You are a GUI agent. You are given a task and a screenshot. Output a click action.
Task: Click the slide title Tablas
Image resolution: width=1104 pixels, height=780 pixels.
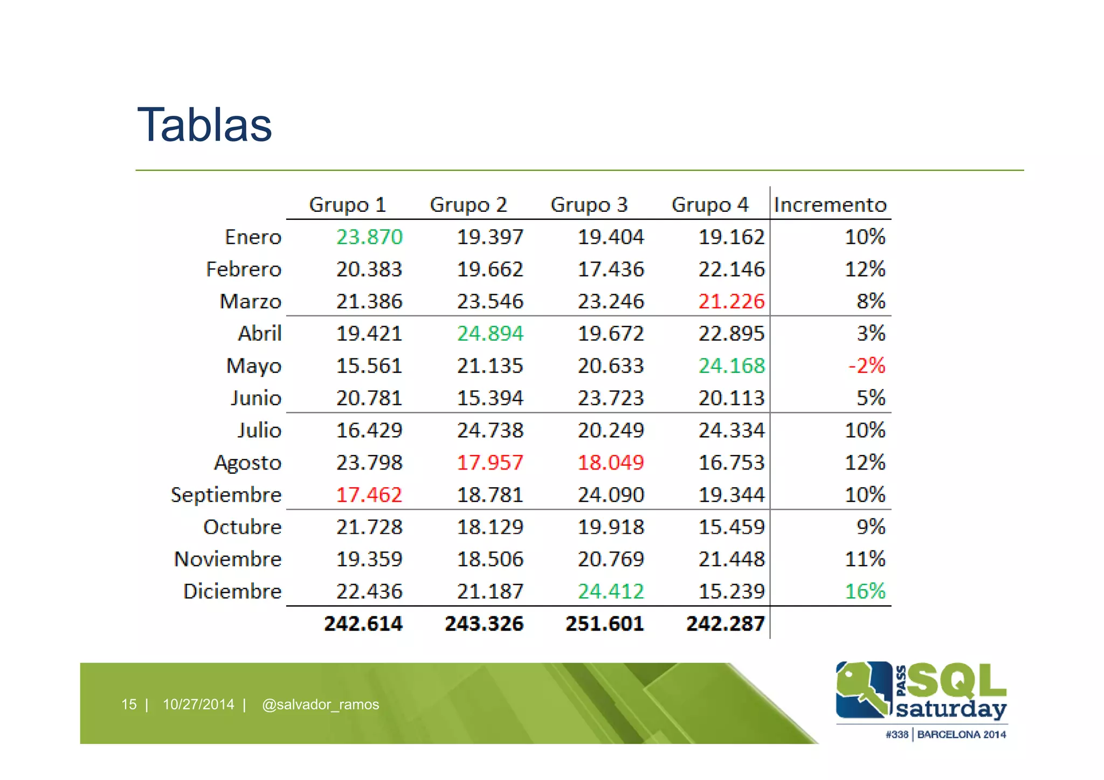coord(205,125)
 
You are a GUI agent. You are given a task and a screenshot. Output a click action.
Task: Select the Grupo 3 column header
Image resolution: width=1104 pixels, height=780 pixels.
coord(589,205)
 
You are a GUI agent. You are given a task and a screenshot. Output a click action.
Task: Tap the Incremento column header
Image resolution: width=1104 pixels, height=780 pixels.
coord(830,205)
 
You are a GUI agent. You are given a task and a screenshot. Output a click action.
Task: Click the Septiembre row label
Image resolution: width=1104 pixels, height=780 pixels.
coord(226,495)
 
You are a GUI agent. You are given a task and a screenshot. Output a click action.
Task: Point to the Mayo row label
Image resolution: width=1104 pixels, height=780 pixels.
coord(254,366)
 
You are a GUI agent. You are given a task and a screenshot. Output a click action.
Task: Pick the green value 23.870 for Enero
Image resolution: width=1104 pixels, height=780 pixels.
coord(370,237)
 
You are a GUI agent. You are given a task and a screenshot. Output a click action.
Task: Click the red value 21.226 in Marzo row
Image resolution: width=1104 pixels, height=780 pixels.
coord(732,301)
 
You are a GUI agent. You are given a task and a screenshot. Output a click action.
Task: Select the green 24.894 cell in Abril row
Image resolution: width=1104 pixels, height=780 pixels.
coord(490,334)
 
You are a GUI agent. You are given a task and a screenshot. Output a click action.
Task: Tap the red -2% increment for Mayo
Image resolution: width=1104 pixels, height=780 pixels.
coord(867,365)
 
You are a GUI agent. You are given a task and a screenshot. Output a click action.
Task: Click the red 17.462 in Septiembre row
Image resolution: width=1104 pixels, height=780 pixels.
coord(369,495)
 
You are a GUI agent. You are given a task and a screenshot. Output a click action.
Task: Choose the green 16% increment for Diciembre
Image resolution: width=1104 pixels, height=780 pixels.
coord(865,591)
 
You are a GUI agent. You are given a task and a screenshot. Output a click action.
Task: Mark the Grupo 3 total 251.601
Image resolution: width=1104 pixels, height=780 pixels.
coord(605,624)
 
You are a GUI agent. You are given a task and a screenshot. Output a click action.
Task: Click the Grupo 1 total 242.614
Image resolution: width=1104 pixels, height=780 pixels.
coord(363,624)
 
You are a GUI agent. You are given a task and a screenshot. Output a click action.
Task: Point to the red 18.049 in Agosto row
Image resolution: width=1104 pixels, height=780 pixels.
coord(611,463)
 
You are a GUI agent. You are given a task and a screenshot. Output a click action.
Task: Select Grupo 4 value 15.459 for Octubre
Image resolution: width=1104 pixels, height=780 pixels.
coord(732,527)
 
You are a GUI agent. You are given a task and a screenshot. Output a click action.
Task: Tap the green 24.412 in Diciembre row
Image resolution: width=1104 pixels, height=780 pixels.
coord(611,591)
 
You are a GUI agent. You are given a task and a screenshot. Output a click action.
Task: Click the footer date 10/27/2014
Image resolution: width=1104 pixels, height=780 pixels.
coord(198,705)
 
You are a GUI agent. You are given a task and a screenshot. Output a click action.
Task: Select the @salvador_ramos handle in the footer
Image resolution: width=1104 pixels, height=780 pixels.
coord(320,705)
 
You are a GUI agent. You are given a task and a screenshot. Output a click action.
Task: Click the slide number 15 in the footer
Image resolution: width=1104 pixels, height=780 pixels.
coord(129,705)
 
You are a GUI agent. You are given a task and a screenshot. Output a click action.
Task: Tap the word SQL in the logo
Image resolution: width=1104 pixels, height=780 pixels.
coord(957,680)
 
